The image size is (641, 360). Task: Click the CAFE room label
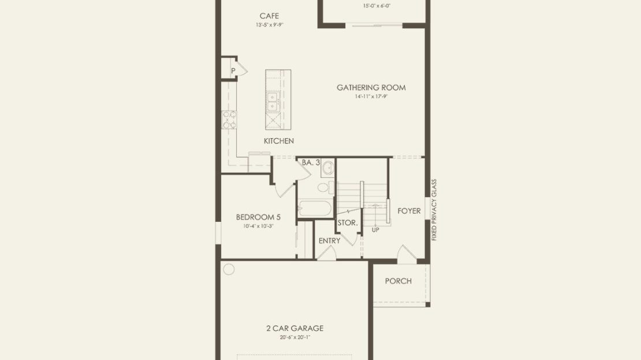tap(269, 16)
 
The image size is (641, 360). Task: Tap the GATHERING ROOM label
tap(371, 88)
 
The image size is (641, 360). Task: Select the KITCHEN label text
tap(279, 141)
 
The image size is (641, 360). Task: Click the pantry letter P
tap(233, 70)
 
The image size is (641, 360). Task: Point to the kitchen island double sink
tap(272, 102)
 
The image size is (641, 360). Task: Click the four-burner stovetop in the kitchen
tap(229, 120)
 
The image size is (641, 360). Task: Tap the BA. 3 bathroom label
tap(311, 163)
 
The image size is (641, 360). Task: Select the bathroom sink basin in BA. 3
tap(327, 168)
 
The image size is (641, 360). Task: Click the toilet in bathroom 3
tap(325, 188)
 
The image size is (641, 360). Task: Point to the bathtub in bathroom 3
tap(314, 208)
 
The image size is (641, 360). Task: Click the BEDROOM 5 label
tap(258, 217)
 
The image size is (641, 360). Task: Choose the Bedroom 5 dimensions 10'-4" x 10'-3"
tap(258, 226)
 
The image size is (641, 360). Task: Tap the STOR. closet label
tap(348, 224)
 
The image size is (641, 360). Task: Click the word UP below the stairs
tap(375, 231)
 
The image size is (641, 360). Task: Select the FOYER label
tap(409, 211)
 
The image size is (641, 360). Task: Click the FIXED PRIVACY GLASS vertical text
tap(434, 210)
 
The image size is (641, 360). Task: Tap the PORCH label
tap(398, 281)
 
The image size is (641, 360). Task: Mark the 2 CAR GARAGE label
tap(295, 328)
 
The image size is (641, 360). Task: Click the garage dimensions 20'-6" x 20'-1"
tap(295, 337)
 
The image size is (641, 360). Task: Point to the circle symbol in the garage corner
tap(229, 269)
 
